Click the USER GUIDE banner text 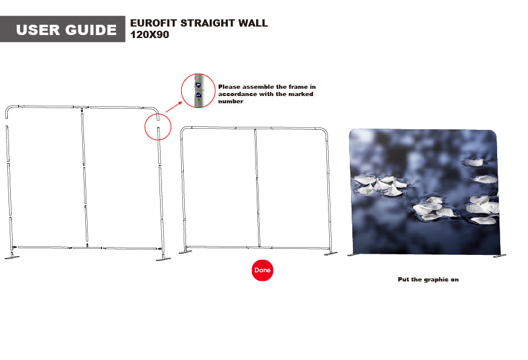tap(66, 30)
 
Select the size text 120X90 tap(150, 35)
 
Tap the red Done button tap(262, 270)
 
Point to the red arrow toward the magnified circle tap(173, 108)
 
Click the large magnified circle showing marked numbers tap(198, 91)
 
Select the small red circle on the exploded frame tap(157, 127)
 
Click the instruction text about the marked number tap(266, 94)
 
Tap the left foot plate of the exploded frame tap(11, 257)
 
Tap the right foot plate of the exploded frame tap(163, 259)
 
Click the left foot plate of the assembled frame tap(185, 252)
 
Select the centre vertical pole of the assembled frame tap(257, 187)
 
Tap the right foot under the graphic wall tap(499, 256)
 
